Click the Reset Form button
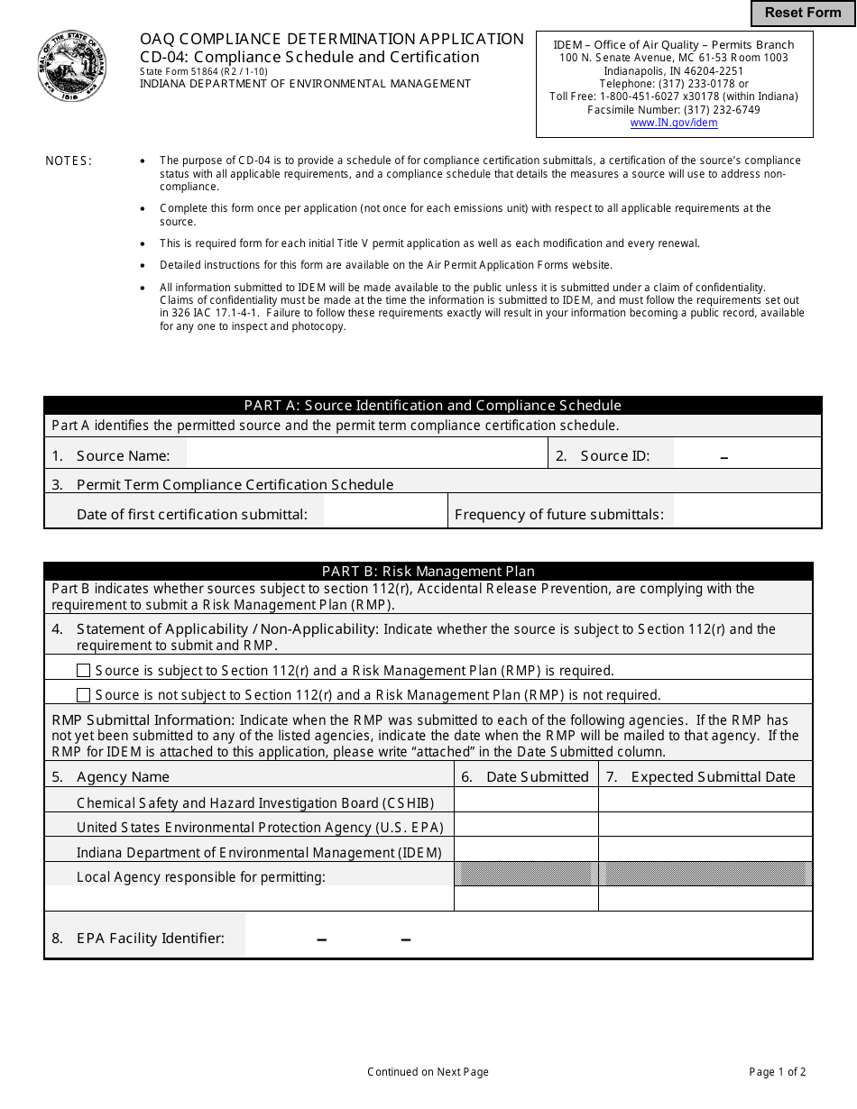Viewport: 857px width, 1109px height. coord(803,13)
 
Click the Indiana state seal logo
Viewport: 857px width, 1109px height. coord(72,66)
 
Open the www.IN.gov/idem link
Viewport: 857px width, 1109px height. coord(674,123)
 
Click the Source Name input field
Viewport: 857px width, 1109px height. coord(366,455)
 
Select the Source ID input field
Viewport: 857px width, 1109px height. coord(746,455)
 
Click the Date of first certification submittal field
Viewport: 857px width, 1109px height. coord(385,514)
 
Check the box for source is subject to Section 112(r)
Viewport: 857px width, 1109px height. coord(84,671)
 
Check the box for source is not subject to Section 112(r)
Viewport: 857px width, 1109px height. coord(84,695)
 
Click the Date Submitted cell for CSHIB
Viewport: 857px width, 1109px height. coord(526,802)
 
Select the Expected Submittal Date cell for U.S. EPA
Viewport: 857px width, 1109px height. coord(705,826)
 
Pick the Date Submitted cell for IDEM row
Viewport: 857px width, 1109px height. coord(526,850)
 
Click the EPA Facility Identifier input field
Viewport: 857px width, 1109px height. coord(528,938)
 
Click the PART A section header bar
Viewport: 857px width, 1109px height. coord(433,406)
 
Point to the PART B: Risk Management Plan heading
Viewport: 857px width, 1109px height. coord(428,572)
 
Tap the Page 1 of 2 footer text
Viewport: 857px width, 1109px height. coord(777,1072)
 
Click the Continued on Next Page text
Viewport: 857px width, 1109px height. coord(428,1072)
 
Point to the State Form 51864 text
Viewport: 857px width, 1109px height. coord(203,71)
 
